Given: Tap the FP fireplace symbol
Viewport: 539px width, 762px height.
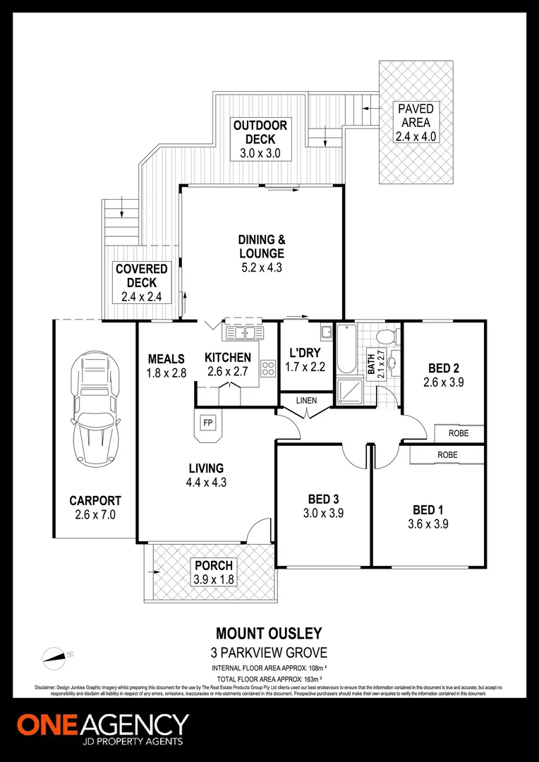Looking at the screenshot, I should point(208,423).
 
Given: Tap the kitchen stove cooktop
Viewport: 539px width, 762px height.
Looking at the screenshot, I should point(268,368).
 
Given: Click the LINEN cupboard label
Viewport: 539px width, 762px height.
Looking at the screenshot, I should point(305,401).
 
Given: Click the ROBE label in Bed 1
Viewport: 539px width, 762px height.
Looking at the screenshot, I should point(447,455).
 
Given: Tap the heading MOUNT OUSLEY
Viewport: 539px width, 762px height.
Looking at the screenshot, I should point(269,635).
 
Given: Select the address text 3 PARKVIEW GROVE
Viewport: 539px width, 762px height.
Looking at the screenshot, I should point(269,652).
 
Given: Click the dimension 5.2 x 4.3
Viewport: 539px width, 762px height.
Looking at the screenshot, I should point(260,267).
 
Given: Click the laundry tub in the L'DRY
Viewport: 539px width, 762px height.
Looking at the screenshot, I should point(326,332).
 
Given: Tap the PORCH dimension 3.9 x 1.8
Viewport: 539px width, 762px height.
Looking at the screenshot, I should point(214,579).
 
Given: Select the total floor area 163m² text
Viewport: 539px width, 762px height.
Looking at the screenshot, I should point(269,679).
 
